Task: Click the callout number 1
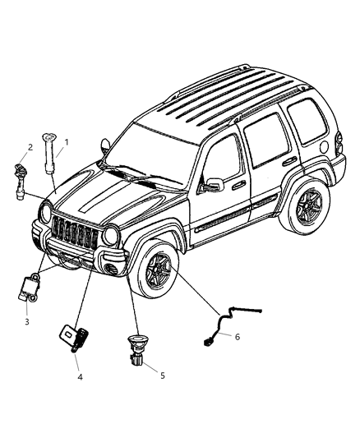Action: (67, 142)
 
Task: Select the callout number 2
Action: (30, 147)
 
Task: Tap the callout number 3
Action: (26, 321)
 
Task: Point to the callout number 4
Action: (80, 377)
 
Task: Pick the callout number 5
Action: (162, 375)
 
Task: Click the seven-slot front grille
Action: (79, 234)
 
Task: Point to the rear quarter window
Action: (305, 123)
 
